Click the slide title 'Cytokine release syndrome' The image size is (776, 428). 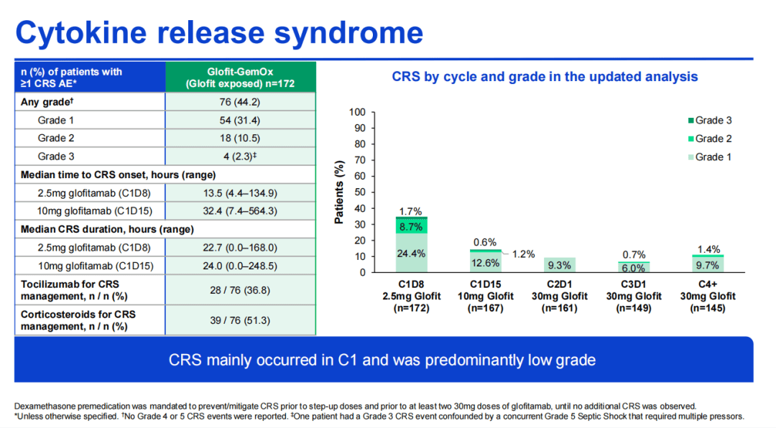[219, 33]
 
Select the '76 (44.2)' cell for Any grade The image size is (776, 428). [240, 102]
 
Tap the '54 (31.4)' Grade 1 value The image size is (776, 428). [240, 120]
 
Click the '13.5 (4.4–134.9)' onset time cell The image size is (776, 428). [240, 192]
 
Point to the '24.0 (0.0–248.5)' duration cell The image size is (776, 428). [240, 266]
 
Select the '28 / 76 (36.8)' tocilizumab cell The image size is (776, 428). [240, 289]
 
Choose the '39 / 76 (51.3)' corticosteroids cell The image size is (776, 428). [240, 320]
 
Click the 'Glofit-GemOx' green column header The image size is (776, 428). [240, 78]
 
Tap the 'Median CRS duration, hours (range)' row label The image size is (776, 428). [107, 230]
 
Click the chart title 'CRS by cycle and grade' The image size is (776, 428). [545, 77]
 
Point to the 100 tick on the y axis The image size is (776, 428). [357, 113]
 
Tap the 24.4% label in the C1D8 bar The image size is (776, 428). [412, 253]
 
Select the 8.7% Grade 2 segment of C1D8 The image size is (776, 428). [412, 226]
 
